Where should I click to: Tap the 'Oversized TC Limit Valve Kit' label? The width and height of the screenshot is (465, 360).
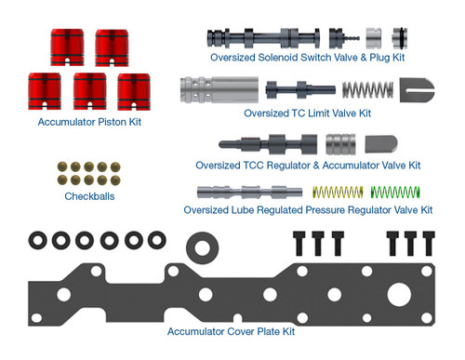pos(307,113)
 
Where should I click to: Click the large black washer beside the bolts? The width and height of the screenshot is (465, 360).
pos(201,246)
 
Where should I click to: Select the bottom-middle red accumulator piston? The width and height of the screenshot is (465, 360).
pos(90,91)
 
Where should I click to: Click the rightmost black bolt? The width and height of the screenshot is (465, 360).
pos(429,243)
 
